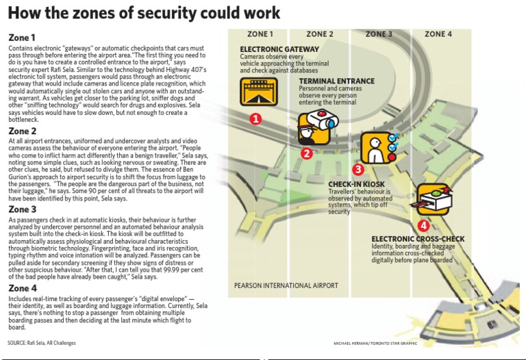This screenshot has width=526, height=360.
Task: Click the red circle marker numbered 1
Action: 255,119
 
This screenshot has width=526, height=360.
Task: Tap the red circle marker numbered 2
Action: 307,153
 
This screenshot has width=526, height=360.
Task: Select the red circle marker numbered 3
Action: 358,168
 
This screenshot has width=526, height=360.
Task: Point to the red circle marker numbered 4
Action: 423,224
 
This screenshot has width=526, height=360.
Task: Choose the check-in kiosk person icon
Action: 376,147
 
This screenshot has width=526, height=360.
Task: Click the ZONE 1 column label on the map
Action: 260,34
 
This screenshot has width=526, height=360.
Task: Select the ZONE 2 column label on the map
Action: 320,34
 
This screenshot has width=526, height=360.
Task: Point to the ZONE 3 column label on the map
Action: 379,34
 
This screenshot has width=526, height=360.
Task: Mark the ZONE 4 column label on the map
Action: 438,34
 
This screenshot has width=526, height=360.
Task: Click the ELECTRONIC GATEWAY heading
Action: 279,49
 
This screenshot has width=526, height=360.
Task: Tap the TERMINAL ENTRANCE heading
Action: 336,81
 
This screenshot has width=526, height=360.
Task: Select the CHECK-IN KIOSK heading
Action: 356,185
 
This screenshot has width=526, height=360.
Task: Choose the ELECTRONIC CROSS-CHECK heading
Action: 418,239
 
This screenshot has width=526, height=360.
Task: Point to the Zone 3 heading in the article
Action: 23,209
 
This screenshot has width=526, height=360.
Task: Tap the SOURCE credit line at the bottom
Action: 42,342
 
